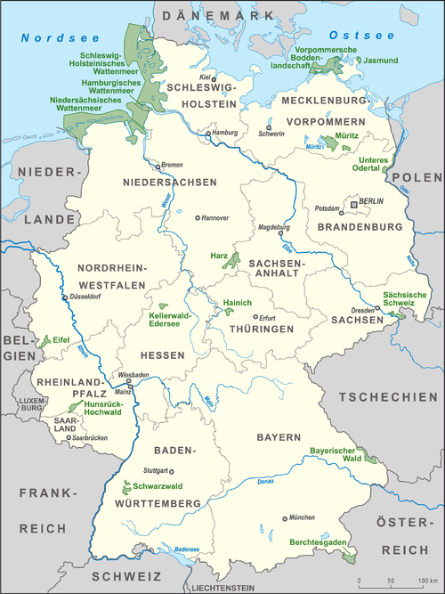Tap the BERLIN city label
pyautogui.click(x=371, y=202)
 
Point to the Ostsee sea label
pyautogui.click(x=369, y=35)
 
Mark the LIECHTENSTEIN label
pyautogui.click(x=225, y=588)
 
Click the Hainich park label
pyautogui.click(x=238, y=303)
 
